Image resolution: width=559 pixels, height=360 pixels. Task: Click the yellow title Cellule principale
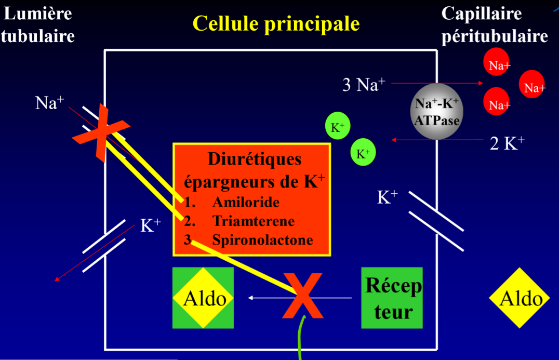point(276,23)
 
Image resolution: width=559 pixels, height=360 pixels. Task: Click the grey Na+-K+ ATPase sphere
point(437,111)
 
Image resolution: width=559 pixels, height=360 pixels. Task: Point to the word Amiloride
point(246,202)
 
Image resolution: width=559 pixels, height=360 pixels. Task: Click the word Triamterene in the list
point(253,221)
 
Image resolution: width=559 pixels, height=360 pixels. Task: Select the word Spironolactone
point(262,240)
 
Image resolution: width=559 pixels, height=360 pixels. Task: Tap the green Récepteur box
point(392,298)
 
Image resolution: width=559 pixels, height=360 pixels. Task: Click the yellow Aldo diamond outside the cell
point(520,298)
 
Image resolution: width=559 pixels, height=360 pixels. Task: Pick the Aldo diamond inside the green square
point(203,298)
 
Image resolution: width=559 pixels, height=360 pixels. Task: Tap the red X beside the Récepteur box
point(303,296)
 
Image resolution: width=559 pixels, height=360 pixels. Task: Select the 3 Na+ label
point(364,85)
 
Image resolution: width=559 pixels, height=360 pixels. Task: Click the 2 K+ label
point(507,143)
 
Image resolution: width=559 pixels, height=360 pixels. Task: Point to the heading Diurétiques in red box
point(255,159)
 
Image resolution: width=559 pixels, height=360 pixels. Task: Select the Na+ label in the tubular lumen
point(49,103)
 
